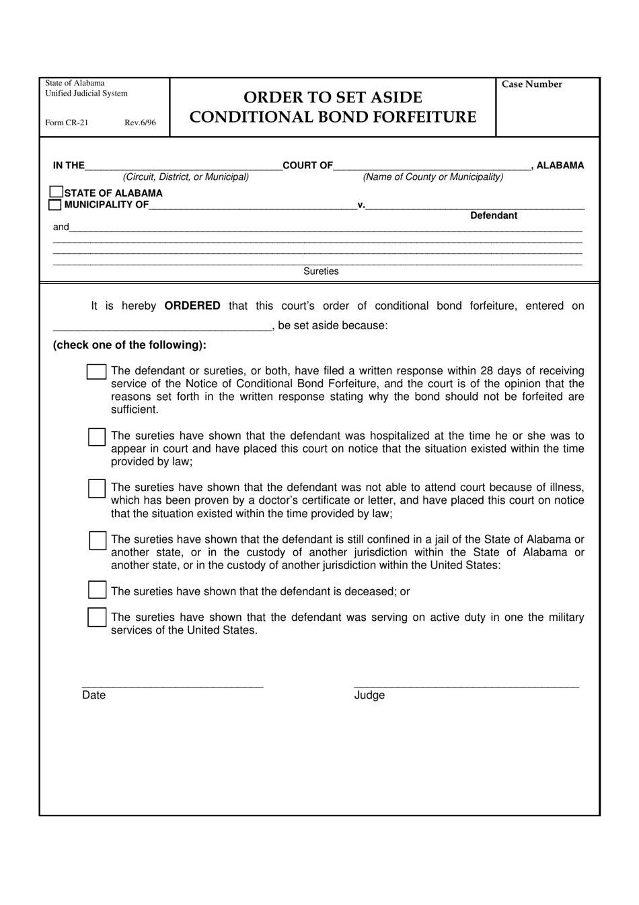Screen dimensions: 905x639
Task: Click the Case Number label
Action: tap(531, 84)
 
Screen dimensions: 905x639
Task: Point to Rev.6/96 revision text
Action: tap(140, 123)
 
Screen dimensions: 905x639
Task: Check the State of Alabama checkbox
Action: tap(57, 193)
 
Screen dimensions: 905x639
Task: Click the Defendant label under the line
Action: tap(494, 215)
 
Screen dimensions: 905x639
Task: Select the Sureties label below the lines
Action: tap(321, 271)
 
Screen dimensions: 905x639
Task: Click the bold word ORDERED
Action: tap(192, 306)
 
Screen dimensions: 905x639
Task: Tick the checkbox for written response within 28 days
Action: tap(96, 372)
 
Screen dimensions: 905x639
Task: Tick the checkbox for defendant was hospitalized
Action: tap(97, 437)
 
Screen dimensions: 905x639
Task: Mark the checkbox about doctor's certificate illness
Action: tap(97, 488)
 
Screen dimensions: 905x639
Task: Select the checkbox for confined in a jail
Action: tap(98, 541)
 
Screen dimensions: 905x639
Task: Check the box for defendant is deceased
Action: tap(98, 591)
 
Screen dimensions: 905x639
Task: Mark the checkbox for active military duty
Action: tap(97, 617)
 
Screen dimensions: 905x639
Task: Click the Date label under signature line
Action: tap(94, 696)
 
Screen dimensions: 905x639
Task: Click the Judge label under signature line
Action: tap(369, 696)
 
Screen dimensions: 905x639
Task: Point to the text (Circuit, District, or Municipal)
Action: tap(186, 177)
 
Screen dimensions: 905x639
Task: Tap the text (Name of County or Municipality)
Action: tap(433, 177)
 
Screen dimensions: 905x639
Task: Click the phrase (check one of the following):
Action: tap(130, 345)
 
